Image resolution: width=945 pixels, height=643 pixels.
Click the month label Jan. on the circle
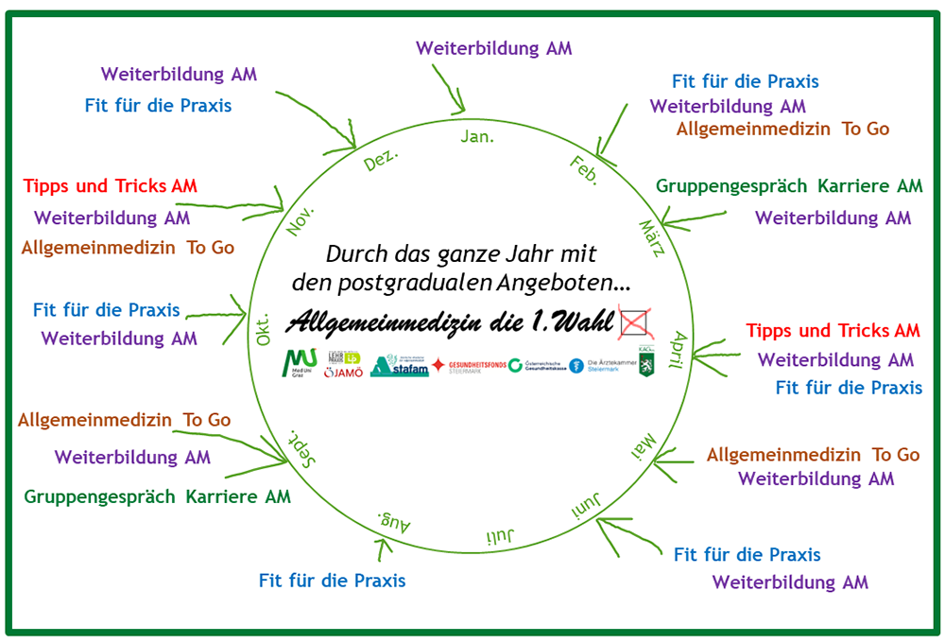coord(477,137)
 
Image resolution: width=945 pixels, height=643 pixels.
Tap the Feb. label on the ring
coord(584,171)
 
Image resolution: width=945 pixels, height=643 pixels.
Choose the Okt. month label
coord(264,327)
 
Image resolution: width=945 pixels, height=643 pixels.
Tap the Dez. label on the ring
coord(381,159)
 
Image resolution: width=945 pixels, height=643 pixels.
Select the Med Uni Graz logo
coord(301,363)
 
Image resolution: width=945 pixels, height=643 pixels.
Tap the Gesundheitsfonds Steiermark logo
coord(468,365)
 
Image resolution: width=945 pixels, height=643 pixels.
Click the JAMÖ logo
coord(341,372)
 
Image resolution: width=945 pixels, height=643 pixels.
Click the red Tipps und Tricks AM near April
coord(833,331)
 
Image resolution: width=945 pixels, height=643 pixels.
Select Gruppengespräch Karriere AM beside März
coord(789,186)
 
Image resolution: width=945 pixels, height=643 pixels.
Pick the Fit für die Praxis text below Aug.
coord(333,581)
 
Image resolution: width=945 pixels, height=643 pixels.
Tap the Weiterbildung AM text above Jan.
coord(493,48)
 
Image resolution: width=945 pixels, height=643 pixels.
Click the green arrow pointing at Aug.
coord(382,547)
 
